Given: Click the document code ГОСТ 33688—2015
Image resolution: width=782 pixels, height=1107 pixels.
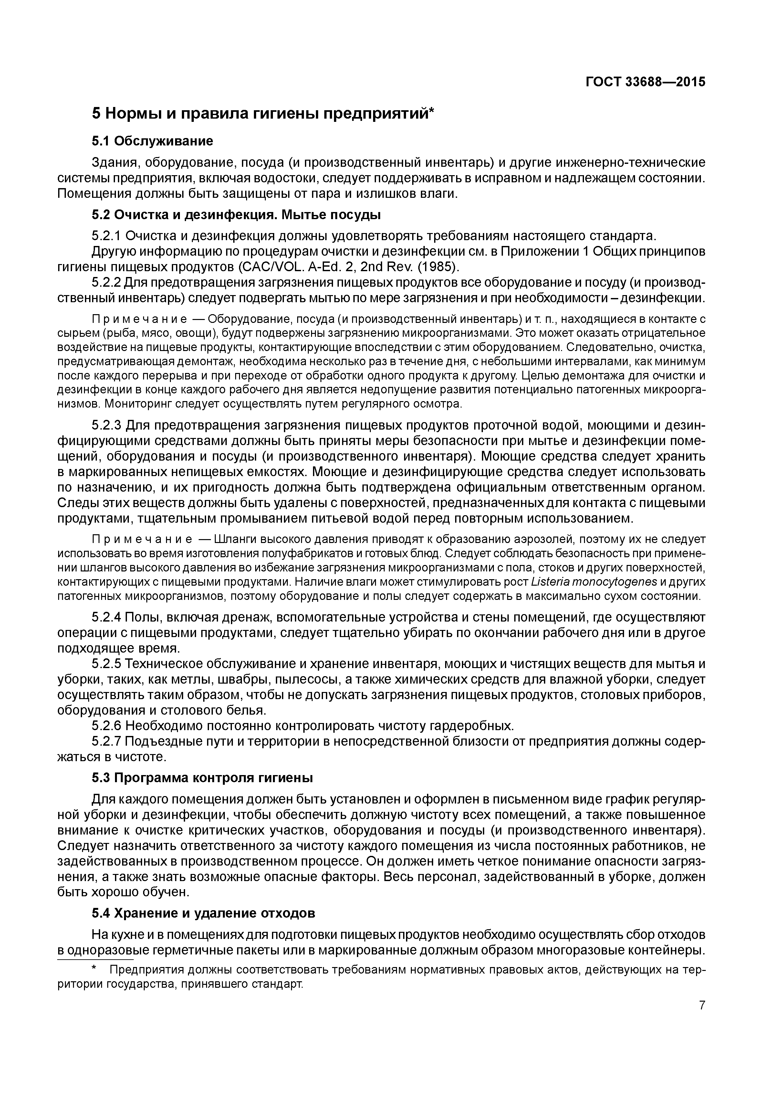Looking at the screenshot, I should (x=645, y=82).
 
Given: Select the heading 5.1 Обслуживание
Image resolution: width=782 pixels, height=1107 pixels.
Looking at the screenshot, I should (x=152, y=141).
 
